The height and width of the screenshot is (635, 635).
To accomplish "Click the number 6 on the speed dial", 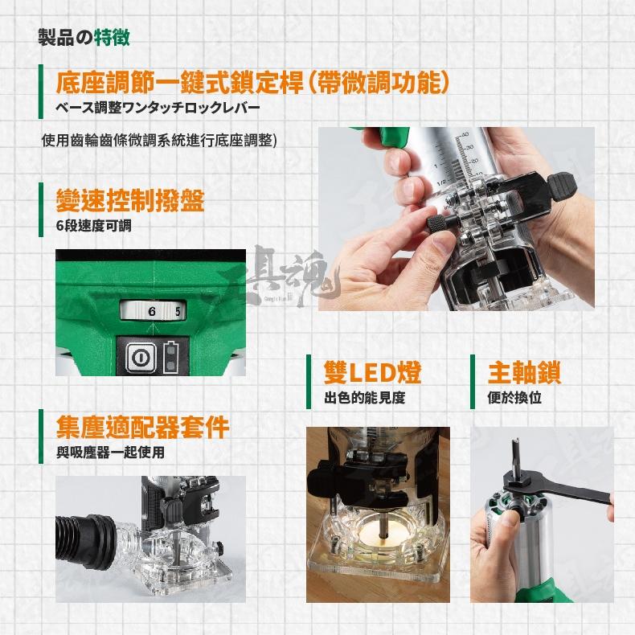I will (150, 309).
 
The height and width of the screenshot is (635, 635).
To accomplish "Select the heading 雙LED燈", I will (372, 372).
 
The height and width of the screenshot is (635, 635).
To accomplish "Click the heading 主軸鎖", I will (524, 372).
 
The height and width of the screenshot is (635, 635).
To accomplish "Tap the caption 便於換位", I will (514, 397).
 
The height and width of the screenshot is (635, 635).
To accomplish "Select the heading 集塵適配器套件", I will (143, 427).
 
